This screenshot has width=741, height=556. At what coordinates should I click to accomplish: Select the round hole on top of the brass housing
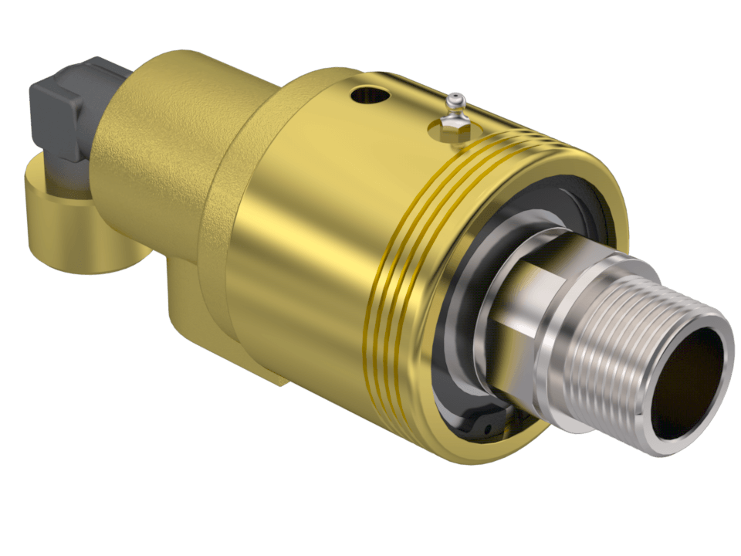click(364, 97)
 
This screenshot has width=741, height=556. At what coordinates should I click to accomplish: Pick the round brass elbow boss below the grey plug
click(69, 232)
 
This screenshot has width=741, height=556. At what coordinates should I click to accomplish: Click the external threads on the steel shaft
click(617, 355)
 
